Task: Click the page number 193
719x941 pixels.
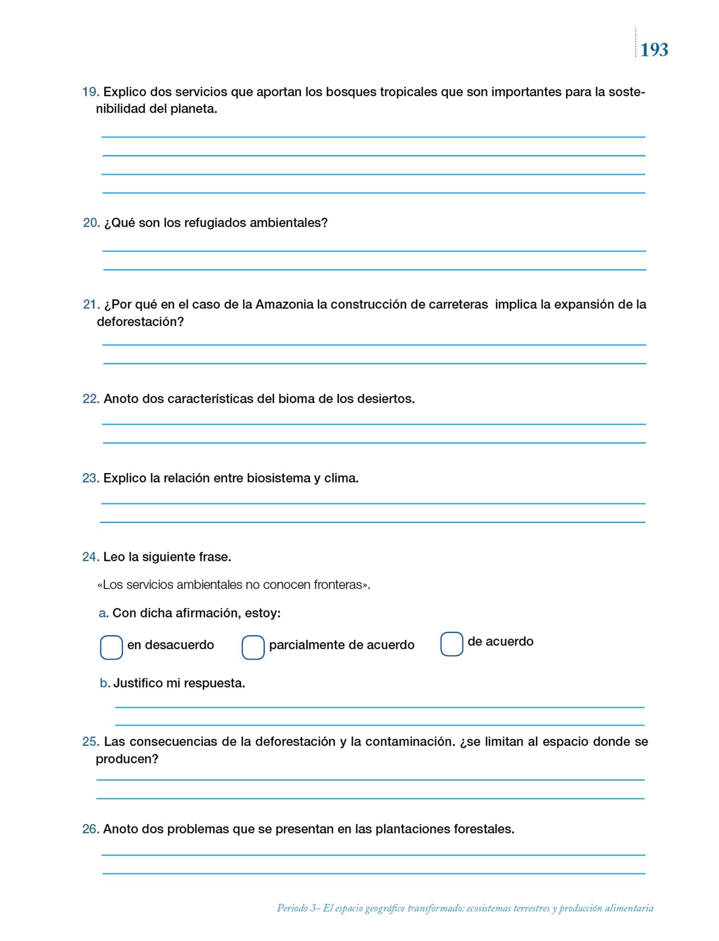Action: [x=654, y=50]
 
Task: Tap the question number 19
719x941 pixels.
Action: [x=90, y=92]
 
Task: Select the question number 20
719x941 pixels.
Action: [x=91, y=223]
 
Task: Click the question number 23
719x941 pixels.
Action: [x=91, y=478]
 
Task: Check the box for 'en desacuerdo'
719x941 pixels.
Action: [x=111, y=647]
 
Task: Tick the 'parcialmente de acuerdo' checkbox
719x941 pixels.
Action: [x=253, y=647]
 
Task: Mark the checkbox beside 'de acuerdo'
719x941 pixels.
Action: [x=451, y=644]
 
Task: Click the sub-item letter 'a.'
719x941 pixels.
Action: [x=103, y=613]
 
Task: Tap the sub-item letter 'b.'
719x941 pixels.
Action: [x=105, y=683]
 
